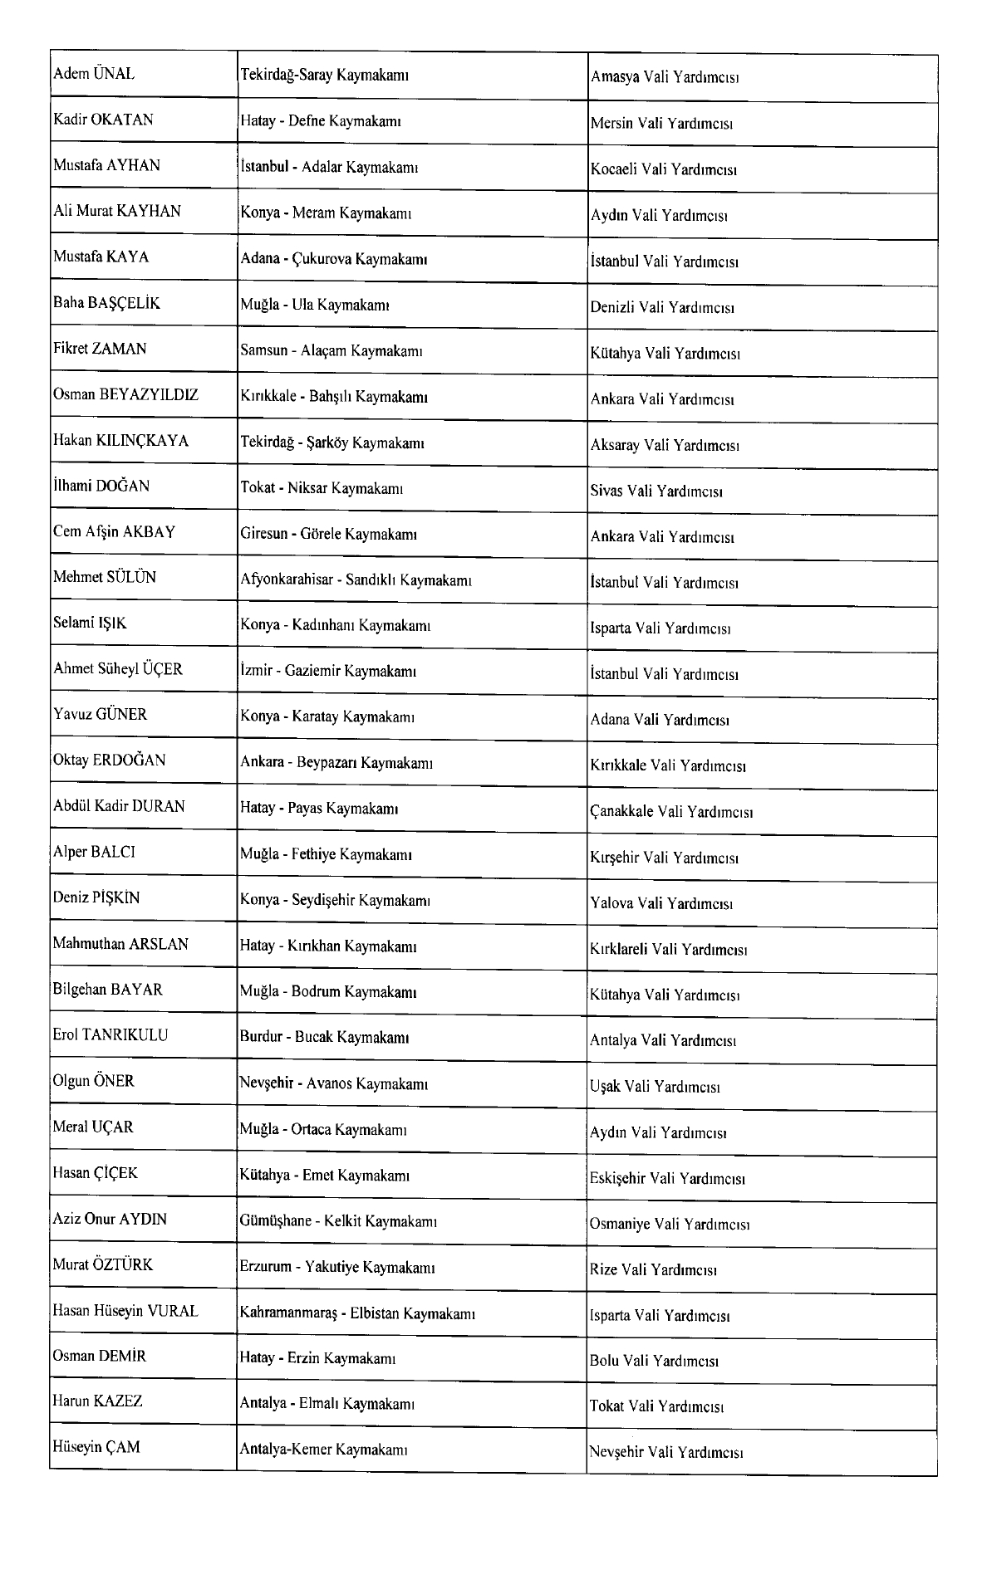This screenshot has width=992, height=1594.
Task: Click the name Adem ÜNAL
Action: pyautogui.click(x=94, y=74)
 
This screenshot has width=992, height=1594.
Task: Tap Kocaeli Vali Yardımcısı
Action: pyautogui.click(x=663, y=169)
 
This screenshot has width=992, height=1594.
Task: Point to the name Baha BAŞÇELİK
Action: pyautogui.click(x=106, y=303)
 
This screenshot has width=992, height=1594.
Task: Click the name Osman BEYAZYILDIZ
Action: pyautogui.click(x=125, y=394)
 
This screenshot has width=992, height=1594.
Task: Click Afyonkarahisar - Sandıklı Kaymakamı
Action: pyautogui.click(x=356, y=580)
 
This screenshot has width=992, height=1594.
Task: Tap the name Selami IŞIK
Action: pyautogui.click(x=90, y=623)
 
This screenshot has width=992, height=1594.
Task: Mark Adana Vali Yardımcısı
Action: pyautogui.click(x=660, y=720)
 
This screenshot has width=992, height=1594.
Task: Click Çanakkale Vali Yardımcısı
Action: pyautogui.click(x=671, y=811)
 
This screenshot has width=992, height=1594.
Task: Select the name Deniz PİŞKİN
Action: pyautogui.click(x=96, y=897)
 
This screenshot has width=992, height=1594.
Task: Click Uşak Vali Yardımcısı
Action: pyautogui.click(x=655, y=1087)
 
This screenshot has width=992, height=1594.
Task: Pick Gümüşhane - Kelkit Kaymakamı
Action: pyautogui.click(x=338, y=1221)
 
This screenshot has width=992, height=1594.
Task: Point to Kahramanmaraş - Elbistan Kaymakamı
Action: pyautogui.click(x=356, y=1313)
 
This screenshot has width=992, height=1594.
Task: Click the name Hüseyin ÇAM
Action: pyautogui.click(x=96, y=1447)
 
